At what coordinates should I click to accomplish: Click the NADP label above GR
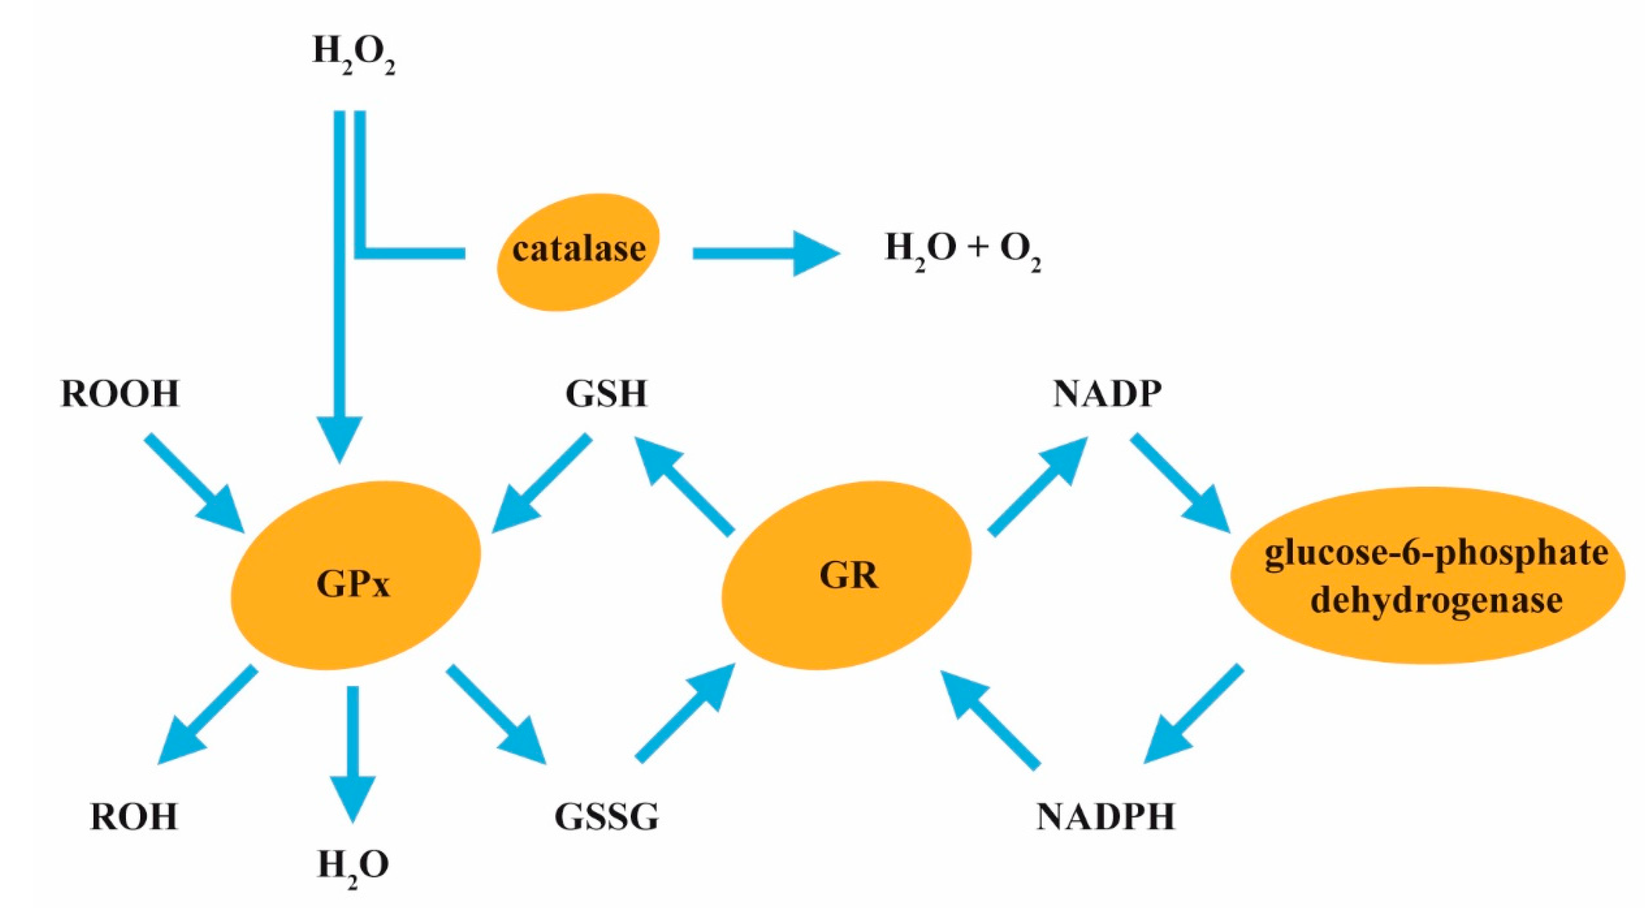click(1107, 394)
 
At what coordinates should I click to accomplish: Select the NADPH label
click(1105, 817)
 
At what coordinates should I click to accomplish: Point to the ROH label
click(134, 817)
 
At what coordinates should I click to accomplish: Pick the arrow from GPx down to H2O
click(353, 753)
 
